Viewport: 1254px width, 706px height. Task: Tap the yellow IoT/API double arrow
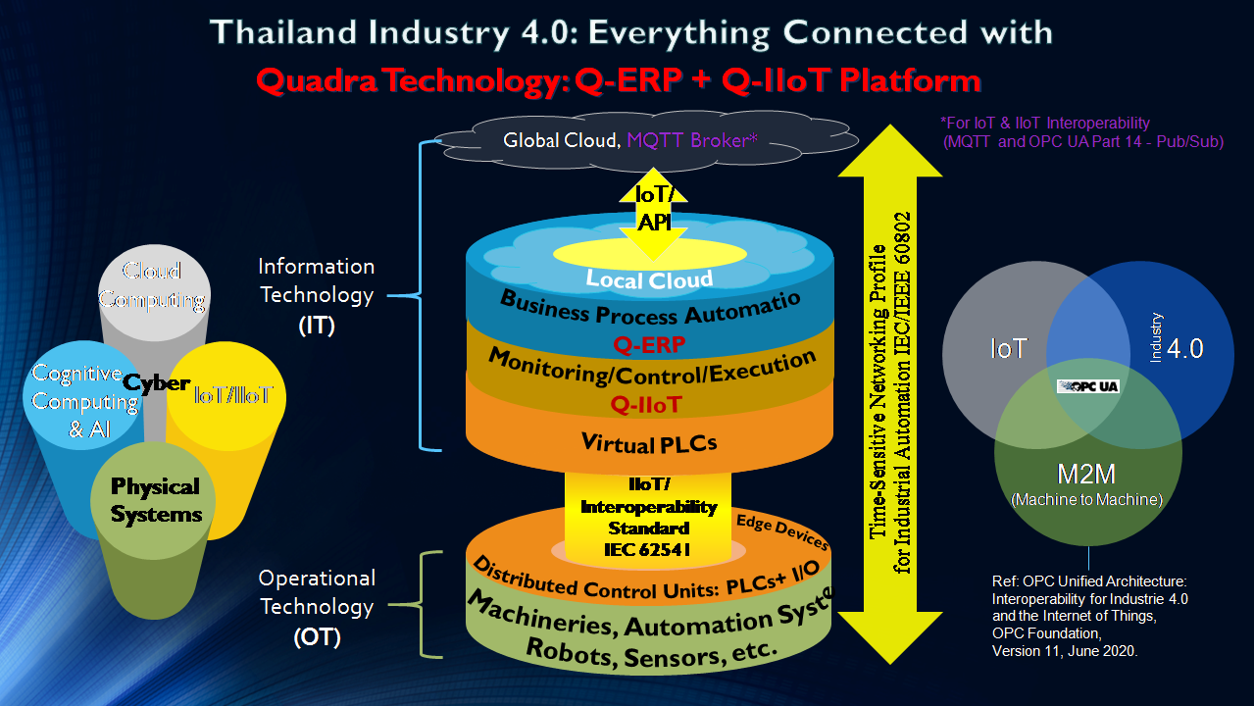(x=655, y=209)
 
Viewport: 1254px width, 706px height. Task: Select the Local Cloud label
(x=649, y=279)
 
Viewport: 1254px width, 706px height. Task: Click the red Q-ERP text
(x=648, y=344)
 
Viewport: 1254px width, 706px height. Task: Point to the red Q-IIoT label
(x=646, y=404)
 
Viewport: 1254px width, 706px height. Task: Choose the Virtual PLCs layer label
(x=649, y=443)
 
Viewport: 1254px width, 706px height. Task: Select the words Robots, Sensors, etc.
(x=652, y=648)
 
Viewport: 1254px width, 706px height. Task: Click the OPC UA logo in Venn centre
(x=1087, y=385)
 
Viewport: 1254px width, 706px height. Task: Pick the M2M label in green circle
(x=1085, y=475)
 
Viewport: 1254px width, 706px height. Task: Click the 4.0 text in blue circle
(x=1185, y=348)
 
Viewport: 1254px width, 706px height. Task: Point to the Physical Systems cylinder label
(x=155, y=500)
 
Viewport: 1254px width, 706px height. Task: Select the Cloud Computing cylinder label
(x=153, y=285)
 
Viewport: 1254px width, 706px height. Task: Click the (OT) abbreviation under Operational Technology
(x=317, y=638)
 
